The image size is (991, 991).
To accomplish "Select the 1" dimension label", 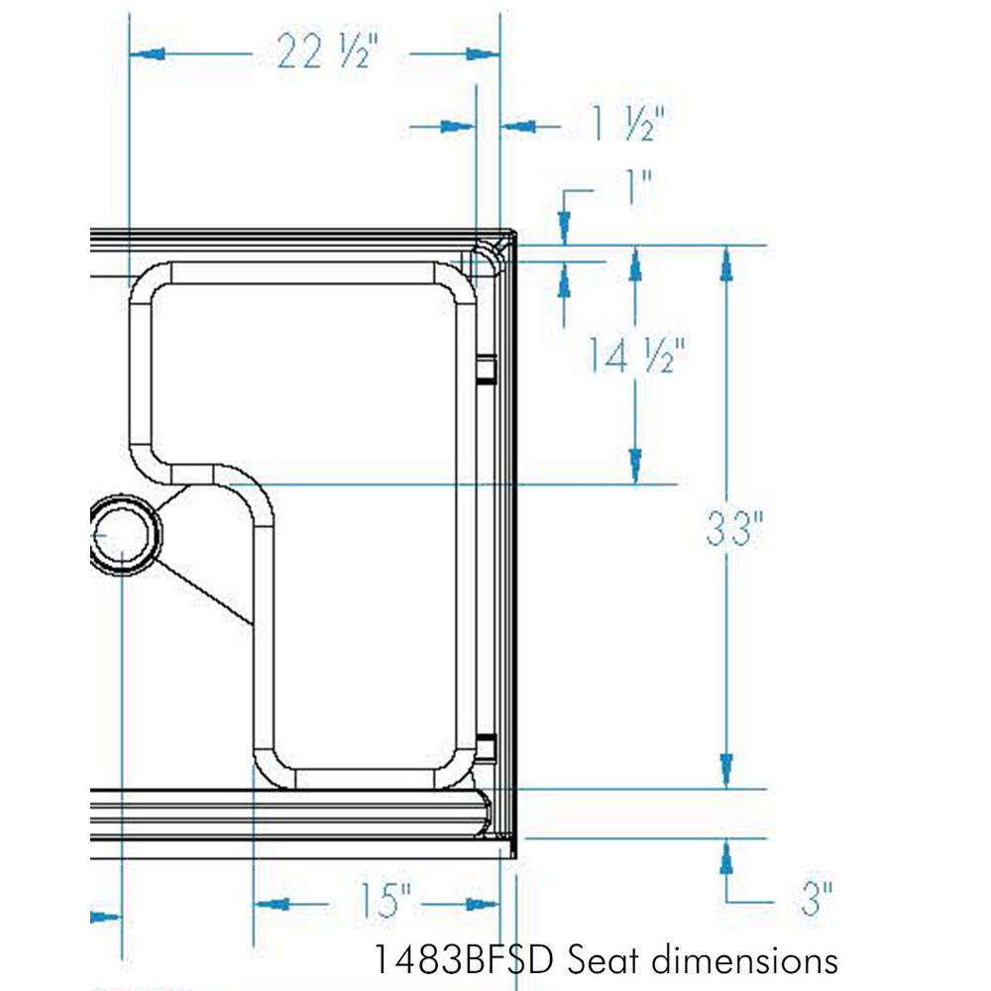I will (x=635, y=187).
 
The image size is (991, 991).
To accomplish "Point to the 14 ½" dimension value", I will (x=633, y=354).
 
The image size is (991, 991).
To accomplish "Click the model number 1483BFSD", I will (x=464, y=959).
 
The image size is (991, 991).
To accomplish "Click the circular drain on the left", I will (x=121, y=536).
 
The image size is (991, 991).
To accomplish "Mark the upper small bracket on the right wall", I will (x=485, y=369).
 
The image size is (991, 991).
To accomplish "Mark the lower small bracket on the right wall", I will (x=485, y=749).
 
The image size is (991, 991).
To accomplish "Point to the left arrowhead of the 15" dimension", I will (x=272, y=904).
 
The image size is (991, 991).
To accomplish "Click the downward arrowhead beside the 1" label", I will (x=564, y=226).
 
